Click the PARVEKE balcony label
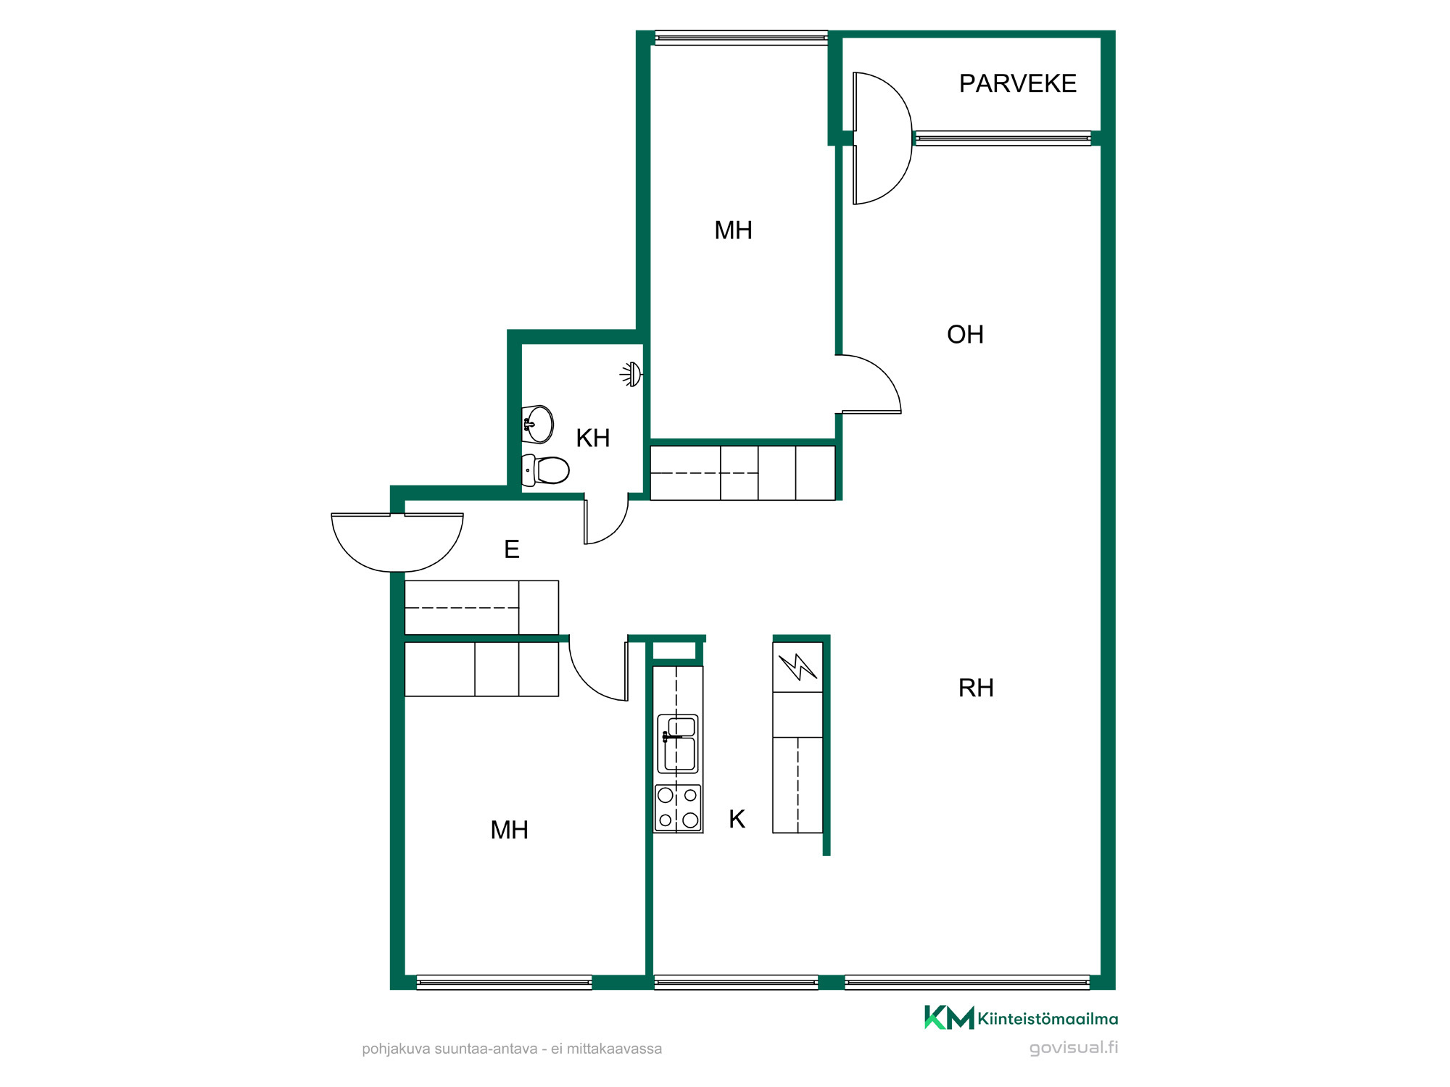tap(1017, 83)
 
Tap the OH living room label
tap(965, 335)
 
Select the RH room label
tap(976, 688)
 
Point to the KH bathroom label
tap(592, 438)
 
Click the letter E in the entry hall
tap(512, 549)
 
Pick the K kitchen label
tap(737, 819)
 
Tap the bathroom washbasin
tap(537, 424)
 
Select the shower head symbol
tap(631, 374)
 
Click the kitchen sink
tap(677, 744)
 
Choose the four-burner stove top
tap(678, 808)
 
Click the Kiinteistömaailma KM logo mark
tap(949, 1018)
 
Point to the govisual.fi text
tap(1074, 1048)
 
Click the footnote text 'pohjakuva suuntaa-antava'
tap(449, 1049)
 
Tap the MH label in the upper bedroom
tap(733, 230)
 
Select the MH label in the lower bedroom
tap(509, 830)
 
